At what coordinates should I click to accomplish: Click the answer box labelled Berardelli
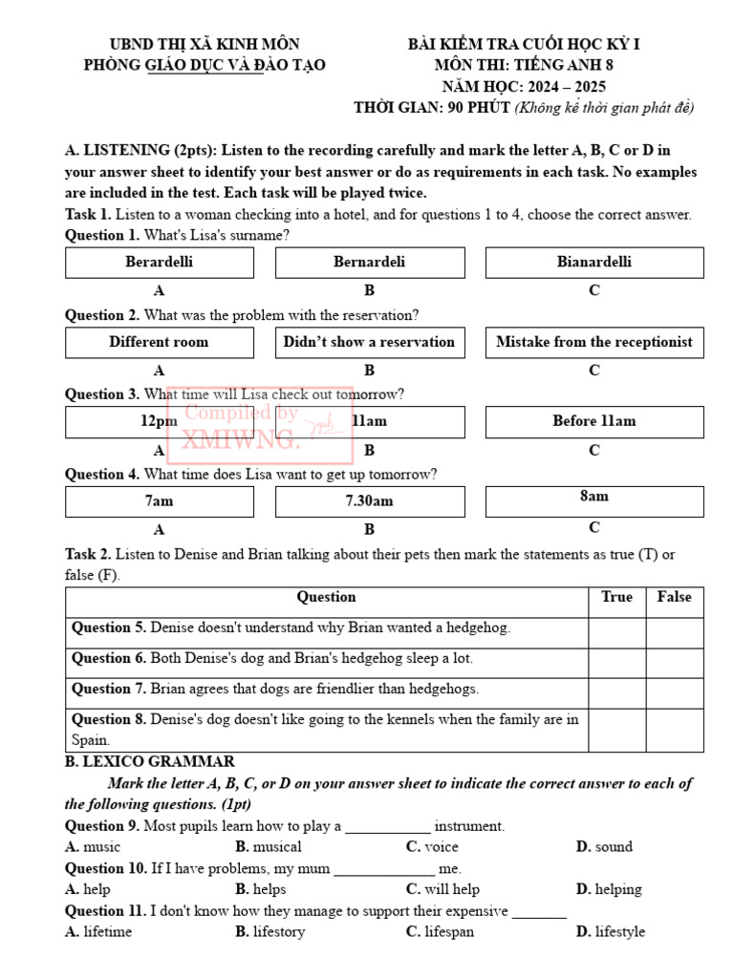point(160,263)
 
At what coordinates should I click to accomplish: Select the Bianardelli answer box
point(594,263)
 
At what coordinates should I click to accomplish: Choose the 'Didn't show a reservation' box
point(369,343)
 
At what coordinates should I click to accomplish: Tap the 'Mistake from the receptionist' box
point(594,343)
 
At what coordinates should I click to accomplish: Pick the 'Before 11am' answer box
point(594,422)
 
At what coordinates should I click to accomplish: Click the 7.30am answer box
point(369,501)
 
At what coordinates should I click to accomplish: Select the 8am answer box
point(594,500)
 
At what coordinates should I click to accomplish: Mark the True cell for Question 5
point(616,628)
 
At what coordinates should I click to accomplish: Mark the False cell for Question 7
point(674,690)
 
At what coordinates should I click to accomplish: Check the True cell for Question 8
point(616,730)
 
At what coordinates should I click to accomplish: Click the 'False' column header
point(674,598)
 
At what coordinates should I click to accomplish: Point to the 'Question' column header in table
point(326,598)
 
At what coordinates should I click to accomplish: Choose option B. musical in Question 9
point(269,847)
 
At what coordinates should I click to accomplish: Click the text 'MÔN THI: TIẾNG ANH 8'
point(524,66)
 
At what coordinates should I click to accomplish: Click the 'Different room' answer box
point(160,343)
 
